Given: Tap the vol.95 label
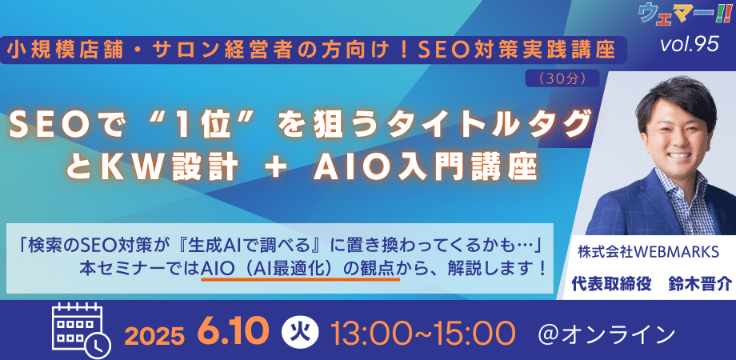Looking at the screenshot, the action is [x=689, y=45].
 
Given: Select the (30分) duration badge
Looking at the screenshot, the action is [x=562, y=79].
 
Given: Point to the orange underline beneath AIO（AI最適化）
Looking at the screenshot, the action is [x=301, y=279].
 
